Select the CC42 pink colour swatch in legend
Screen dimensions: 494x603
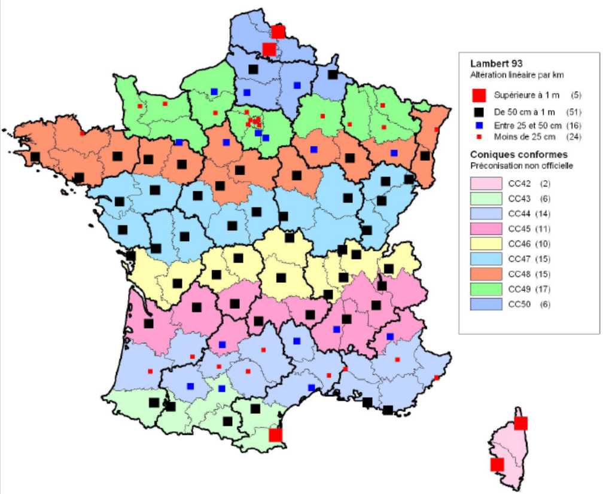click(x=485, y=183)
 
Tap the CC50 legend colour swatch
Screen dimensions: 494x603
click(x=485, y=304)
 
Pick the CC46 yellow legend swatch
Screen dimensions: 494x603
click(x=485, y=243)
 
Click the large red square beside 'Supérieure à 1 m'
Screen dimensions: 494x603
click(x=478, y=94)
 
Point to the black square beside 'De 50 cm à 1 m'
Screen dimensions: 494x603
click(x=478, y=112)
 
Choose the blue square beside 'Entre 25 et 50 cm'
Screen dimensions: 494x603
click(x=478, y=126)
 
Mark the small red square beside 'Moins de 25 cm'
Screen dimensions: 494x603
click(x=478, y=137)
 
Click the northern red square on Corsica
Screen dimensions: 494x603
click(x=520, y=423)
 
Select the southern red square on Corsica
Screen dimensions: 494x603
click(x=497, y=465)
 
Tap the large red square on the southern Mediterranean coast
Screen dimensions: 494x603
click(x=275, y=435)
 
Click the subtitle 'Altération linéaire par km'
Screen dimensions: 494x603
click(x=517, y=75)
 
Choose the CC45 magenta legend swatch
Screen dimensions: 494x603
click(x=485, y=228)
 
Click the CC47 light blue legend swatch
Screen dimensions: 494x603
click(x=485, y=258)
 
